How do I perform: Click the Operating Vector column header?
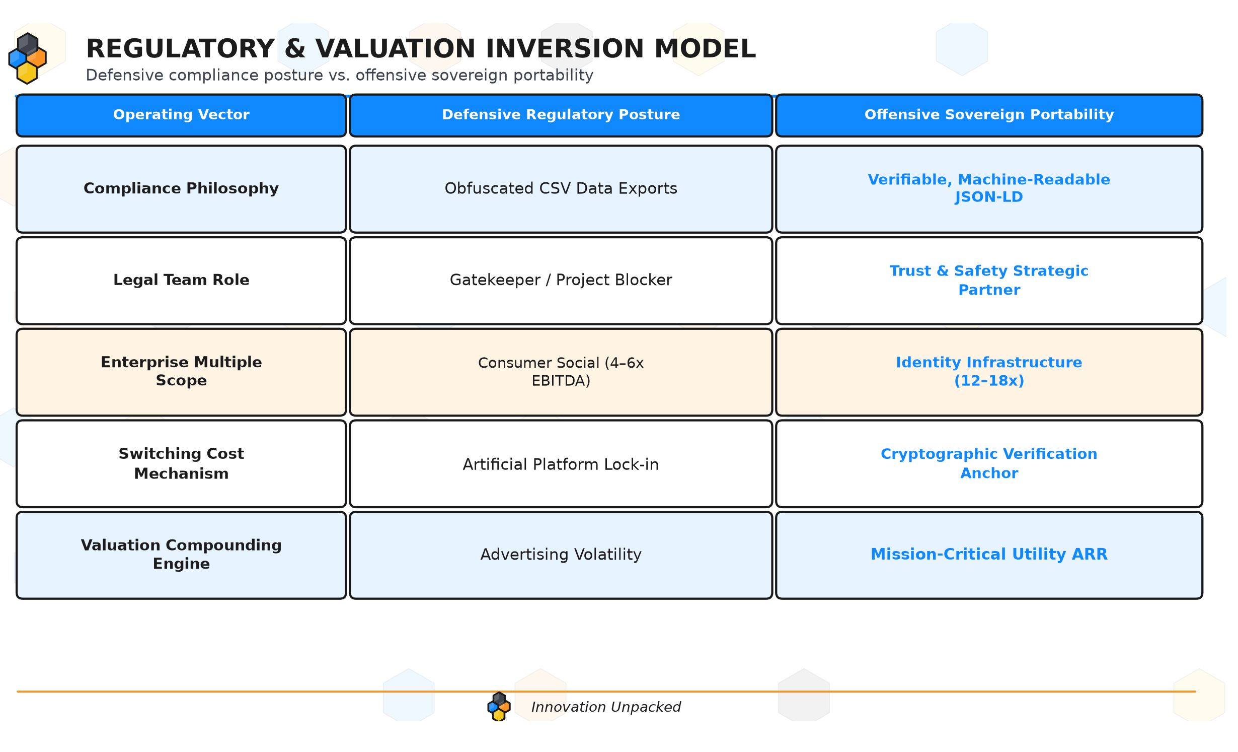(181, 115)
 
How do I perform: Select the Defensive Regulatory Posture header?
(561, 115)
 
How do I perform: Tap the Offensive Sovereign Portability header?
(989, 115)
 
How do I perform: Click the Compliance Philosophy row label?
(181, 188)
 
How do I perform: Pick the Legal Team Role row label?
(181, 280)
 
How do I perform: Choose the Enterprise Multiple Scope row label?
(181, 371)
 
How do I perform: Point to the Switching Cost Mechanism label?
(181, 463)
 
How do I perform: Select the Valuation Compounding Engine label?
(181, 554)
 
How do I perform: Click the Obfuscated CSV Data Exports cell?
(561, 188)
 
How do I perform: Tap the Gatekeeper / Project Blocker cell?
(561, 280)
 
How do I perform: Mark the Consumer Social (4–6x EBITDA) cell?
(561, 372)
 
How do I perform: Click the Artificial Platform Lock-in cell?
(561, 464)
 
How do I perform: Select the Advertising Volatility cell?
(561, 555)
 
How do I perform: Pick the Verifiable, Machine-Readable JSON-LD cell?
(989, 188)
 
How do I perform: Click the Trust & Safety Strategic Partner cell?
(989, 280)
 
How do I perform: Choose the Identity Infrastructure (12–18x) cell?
(989, 371)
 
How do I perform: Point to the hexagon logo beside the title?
(28, 58)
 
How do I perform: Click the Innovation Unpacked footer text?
(606, 707)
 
